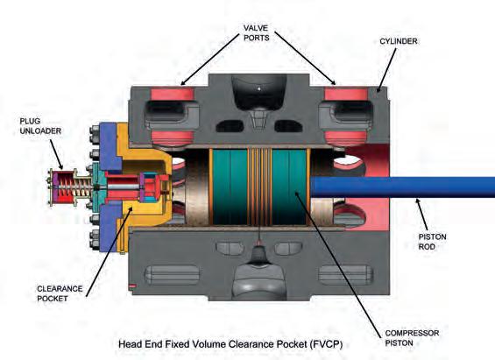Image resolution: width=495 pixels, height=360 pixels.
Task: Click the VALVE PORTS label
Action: coord(257,32)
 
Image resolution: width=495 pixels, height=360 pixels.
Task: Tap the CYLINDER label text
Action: coord(399,41)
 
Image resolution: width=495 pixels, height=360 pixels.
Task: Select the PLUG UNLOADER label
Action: coord(40,126)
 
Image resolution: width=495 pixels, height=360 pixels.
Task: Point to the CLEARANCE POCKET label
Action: coord(60,293)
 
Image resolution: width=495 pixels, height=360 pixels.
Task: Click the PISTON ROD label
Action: coord(432,242)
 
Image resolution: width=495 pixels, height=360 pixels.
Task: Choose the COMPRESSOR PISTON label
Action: coord(412,338)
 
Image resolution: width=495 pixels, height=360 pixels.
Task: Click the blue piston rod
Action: coord(402,187)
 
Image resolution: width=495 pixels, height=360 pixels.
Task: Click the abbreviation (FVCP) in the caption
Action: coord(326,343)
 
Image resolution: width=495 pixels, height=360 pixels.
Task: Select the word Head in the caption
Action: coord(130,343)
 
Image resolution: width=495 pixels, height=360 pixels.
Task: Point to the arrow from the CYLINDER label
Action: coord(386,70)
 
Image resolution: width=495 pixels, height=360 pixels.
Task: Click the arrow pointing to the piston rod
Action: coord(421,215)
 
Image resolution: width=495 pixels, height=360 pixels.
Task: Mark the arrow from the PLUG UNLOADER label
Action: coord(56,154)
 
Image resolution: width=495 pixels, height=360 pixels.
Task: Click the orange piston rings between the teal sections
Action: coord(259,187)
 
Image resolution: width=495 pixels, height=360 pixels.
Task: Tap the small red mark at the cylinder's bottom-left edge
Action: coord(132,286)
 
